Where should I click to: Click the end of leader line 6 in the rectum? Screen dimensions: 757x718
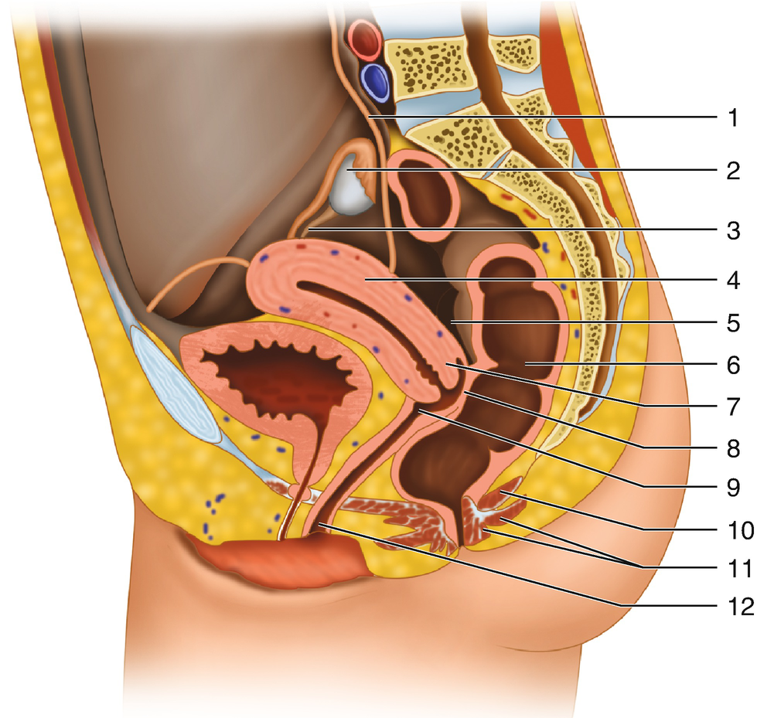[526, 362]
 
